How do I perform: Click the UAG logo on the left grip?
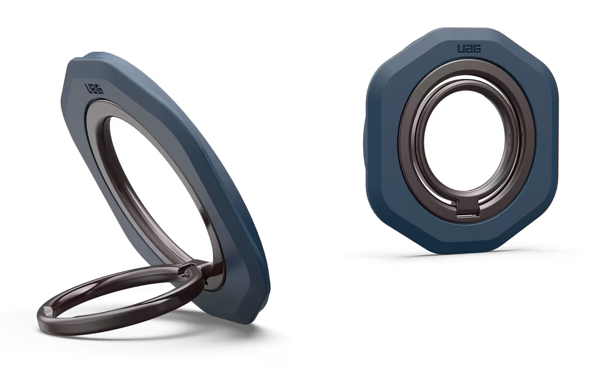pos(94,89)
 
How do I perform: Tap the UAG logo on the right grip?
pos(469,56)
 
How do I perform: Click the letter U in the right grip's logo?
pos(461,56)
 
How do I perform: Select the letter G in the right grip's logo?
pos(477,56)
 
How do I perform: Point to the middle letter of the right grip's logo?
pos(469,56)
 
